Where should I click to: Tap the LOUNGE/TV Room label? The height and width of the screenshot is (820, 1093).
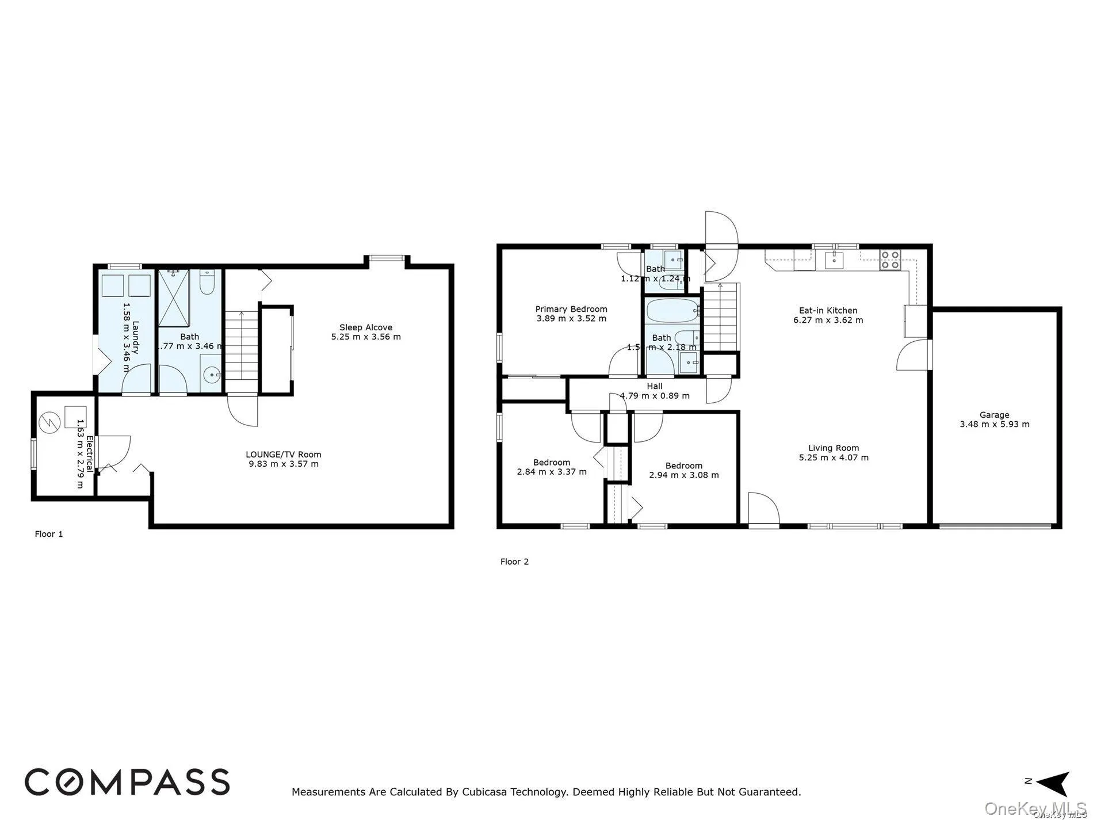[x=283, y=455]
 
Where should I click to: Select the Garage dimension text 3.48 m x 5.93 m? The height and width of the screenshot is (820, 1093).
[x=994, y=425]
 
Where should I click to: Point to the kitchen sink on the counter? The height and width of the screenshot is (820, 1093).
[x=833, y=260]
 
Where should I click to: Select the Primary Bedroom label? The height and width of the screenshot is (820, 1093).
[x=571, y=309]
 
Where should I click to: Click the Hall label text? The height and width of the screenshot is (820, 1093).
[x=654, y=387]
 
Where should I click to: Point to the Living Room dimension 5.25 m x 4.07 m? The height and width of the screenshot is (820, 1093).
[x=833, y=458]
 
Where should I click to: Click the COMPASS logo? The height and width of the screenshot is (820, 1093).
[x=127, y=782]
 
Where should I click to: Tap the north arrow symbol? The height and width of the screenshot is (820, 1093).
[x=1053, y=782]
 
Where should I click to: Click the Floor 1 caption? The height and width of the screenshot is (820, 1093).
[x=49, y=534]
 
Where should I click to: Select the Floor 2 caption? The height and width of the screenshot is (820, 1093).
[x=514, y=562]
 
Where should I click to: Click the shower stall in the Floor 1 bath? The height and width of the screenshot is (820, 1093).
[x=177, y=298]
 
